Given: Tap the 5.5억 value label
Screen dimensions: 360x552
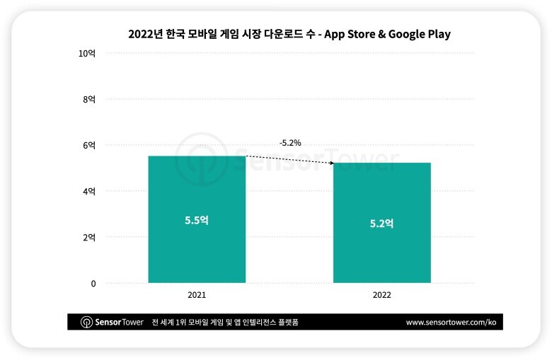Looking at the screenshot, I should point(196,220).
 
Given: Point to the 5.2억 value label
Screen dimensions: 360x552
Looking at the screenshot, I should point(381,223).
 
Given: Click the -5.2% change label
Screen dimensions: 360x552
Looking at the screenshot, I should point(290,143).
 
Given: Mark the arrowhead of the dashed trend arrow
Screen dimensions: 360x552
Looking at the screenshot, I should point(331,163).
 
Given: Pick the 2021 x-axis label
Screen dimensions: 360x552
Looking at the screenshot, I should point(197,295).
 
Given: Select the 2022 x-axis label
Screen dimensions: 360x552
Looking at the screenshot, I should point(382,295).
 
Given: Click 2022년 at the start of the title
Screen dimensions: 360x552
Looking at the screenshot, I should point(144,34).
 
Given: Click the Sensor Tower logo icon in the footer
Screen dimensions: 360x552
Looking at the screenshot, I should point(86,322).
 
